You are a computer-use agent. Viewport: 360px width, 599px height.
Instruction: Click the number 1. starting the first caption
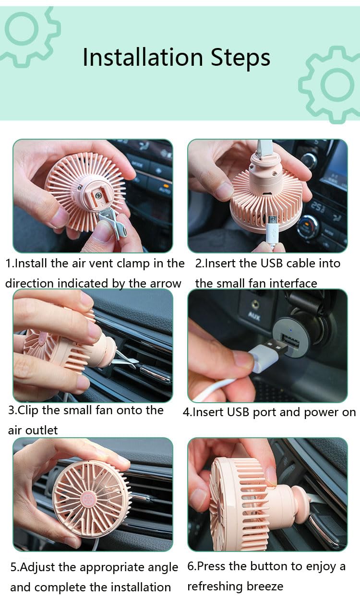pyautogui.click(x=9, y=263)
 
